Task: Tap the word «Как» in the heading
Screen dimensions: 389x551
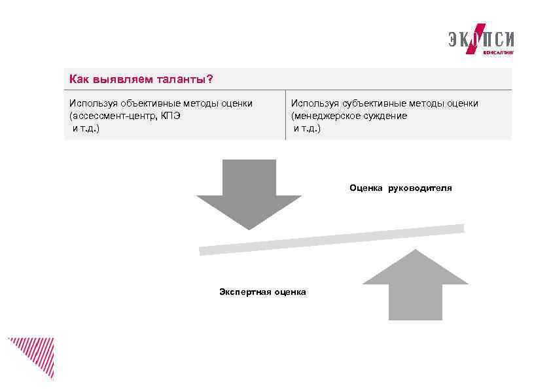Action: pyautogui.click(x=79, y=80)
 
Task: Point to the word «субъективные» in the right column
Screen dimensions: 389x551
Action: pyautogui.click(x=371, y=103)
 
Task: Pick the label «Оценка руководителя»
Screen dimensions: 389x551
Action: pyautogui.click(x=400, y=188)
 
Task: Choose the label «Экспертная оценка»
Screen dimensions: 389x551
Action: pyautogui.click(x=262, y=292)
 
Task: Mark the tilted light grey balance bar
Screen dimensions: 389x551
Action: pyautogui.click(x=331, y=239)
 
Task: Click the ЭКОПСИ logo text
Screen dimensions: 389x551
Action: pyautogui.click(x=481, y=39)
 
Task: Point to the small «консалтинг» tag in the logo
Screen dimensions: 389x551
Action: pyautogui.click(x=498, y=51)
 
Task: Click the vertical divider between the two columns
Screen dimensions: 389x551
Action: pyautogui.click(x=286, y=114)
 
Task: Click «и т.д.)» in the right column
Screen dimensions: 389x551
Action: pyautogui.click(x=308, y=128)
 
